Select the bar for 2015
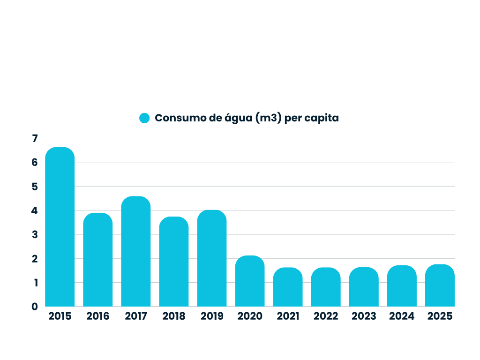click(x=60, y=226)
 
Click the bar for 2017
click(x=135, y=251)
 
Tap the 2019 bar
click(x=212, y=258)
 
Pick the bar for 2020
click(x=250, y=281)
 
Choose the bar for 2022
click(x=326, y=287)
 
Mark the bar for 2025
click(x=440, y=285)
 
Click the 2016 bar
click(x=97, y=260)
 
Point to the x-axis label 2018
click(x=174, y=316)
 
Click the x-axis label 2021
click(x=288, y=316)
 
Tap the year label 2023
click(x=364, y=316)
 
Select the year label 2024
click(x=402, y=316)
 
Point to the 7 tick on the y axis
click(x=35, y=138)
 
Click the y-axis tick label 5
click(x=35, y=187)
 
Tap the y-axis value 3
click(x=35, y=234)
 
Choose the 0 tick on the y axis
click(x=35, y=307)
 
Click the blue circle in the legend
click(x=144, y=118)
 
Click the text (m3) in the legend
click(x=269, y=118)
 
